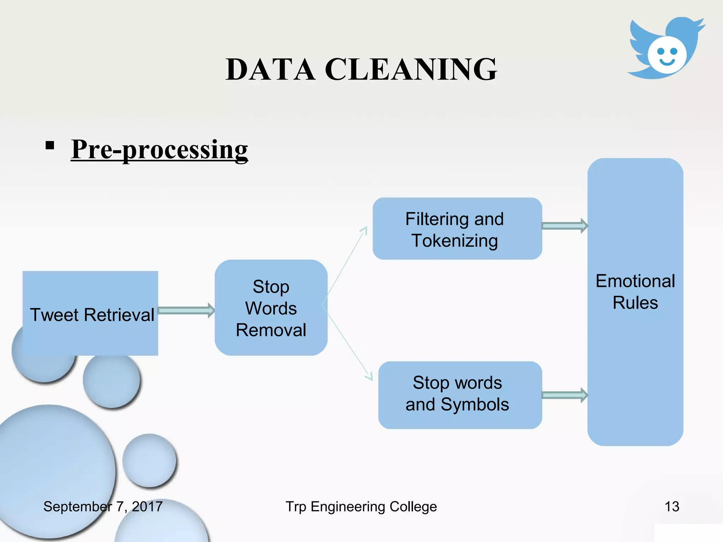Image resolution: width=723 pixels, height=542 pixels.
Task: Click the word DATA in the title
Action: (x=270, y=69)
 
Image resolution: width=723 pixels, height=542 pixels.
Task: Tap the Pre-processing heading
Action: (x=159, y=149)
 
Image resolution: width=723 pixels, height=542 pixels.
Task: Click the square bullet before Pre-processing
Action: (x=50, y=145)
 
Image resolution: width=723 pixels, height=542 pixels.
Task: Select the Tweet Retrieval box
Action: (x=90, y=314)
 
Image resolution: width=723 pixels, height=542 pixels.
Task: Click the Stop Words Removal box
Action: (x=271, y=308)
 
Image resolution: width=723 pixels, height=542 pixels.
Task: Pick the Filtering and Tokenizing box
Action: (x=457, y=229)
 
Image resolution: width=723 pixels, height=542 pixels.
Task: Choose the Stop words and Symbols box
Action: (x=460, y=395)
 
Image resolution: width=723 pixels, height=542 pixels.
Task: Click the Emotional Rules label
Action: (x=635, y=292)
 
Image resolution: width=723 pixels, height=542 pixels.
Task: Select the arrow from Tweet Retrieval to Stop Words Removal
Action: (x=186, y=311)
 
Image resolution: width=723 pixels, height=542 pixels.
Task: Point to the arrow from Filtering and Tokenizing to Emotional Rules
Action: (x=564, y=226)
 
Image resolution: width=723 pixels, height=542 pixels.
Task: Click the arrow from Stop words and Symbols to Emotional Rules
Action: (x=564, y=395)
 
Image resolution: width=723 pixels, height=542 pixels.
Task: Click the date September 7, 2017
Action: (x=103, y=507)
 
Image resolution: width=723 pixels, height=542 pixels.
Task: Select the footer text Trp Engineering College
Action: (x=361, y=507)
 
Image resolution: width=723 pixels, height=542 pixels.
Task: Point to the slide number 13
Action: (x=672, y=507)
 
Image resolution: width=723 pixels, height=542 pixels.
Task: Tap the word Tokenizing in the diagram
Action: (x=455, y=241)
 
